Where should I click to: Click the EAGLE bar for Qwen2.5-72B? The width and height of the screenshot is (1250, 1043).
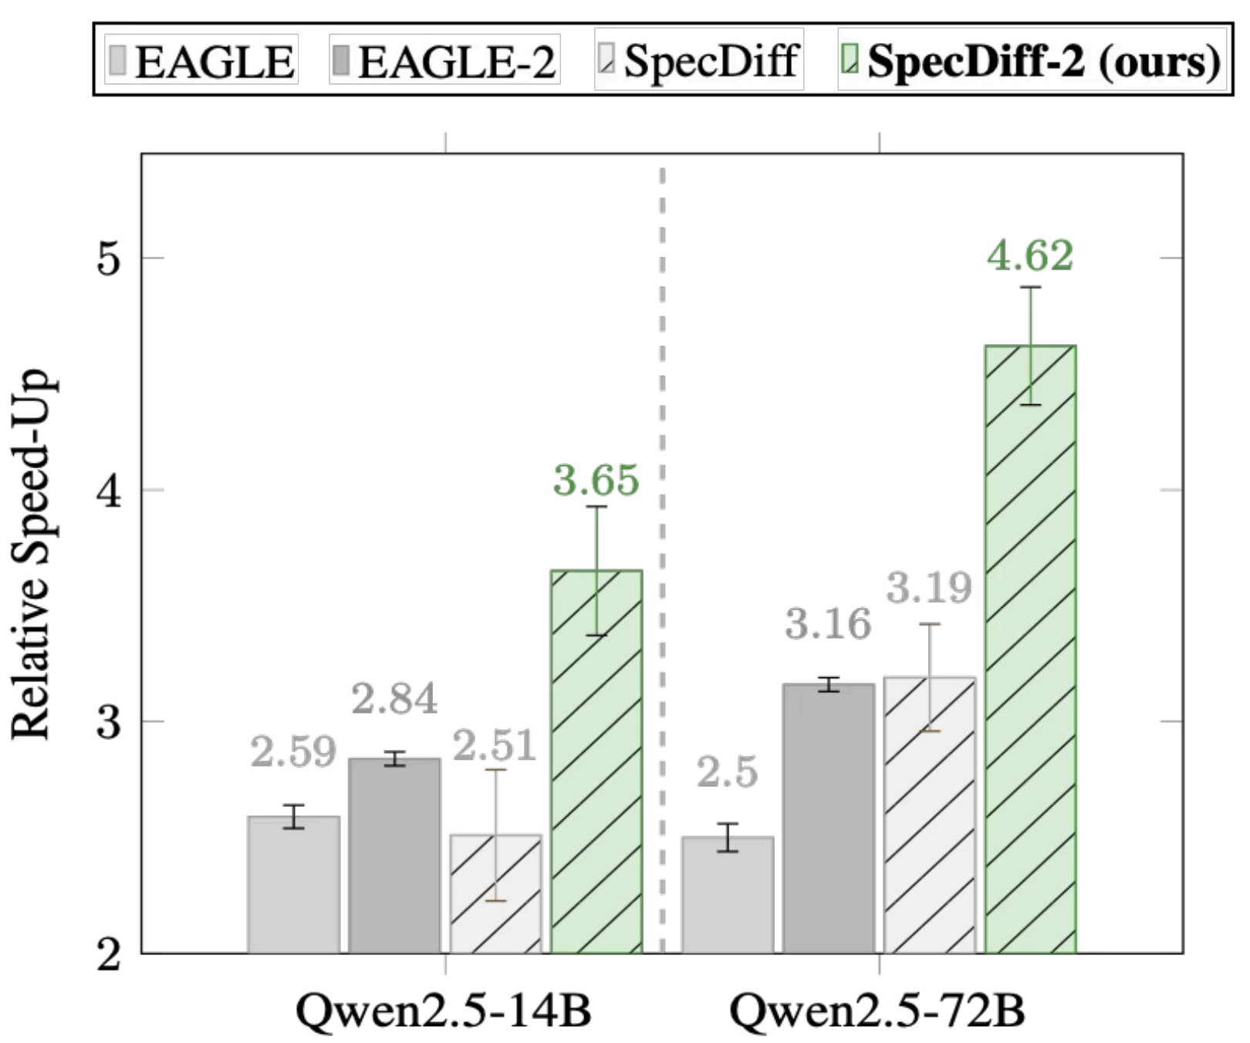(728, 895)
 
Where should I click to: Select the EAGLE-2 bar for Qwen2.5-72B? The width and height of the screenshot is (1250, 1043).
(829, 818)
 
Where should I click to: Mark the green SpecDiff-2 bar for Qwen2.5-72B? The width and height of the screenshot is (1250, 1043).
(1031, 649)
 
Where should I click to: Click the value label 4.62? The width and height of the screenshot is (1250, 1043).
(1030, 255)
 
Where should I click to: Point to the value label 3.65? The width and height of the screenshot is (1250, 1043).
(596, 480)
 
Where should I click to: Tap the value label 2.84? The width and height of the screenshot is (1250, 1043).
(394, 699)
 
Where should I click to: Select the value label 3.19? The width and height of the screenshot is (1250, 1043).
(929, 588)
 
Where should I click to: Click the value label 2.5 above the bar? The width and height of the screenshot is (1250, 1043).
(728, 772)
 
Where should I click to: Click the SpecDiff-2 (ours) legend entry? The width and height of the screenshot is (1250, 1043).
(1032, 60)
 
